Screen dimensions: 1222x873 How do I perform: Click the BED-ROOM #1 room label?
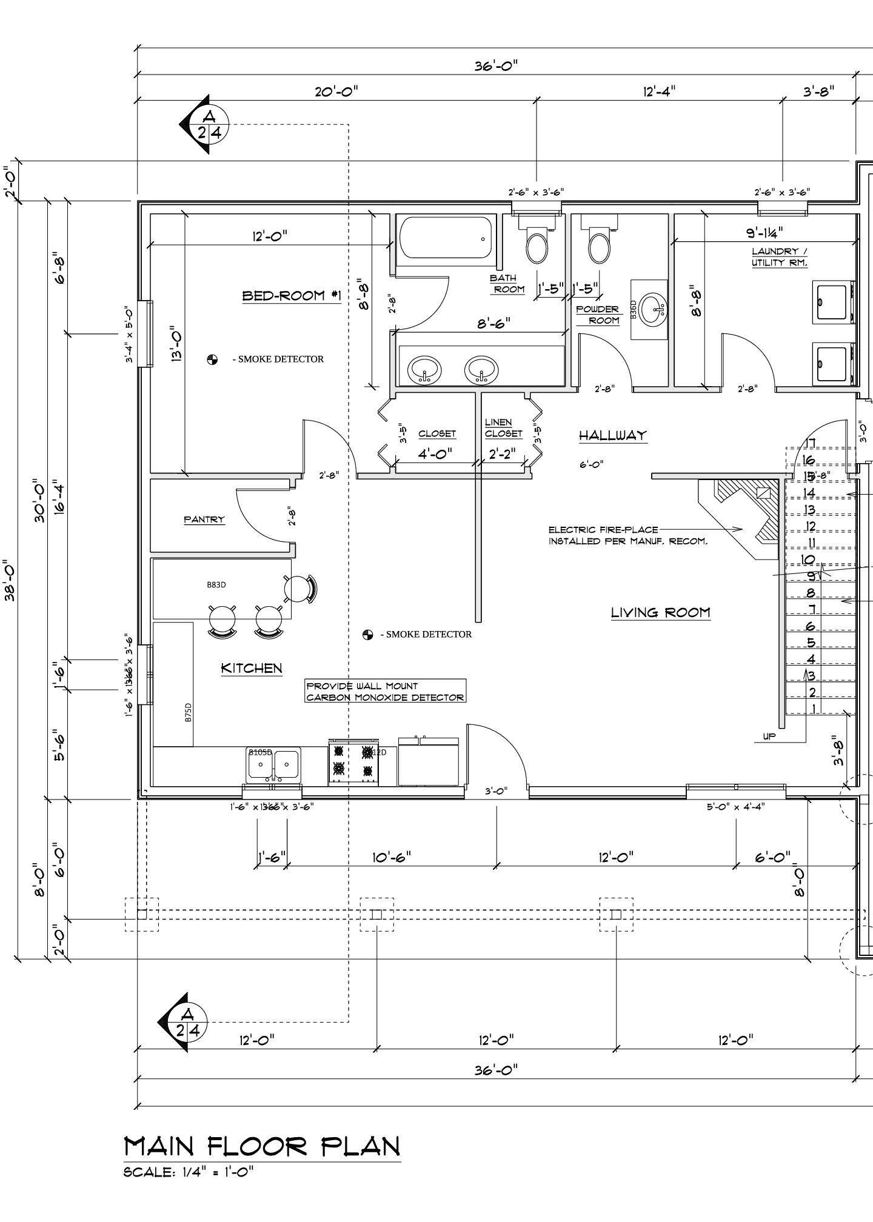tap(292, 296)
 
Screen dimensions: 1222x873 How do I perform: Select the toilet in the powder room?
tap(600, 242)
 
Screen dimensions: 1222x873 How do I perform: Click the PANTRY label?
tap(204, 519)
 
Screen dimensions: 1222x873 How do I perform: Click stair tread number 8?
tap(811, 593)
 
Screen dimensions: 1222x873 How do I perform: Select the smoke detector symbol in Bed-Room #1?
tap(212, 359)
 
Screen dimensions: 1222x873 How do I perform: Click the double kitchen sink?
tap(274, 765)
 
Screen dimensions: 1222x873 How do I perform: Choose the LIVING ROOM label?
tap(660, 612)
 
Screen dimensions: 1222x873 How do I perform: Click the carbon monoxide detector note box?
tap(385, 692)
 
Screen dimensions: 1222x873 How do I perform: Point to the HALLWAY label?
tap(612, 435)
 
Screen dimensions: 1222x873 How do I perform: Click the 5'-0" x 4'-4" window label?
tap(735, 807)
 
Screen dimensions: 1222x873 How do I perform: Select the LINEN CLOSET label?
tap(503, 428)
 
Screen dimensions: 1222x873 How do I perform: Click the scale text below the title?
tap(189, 1172)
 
